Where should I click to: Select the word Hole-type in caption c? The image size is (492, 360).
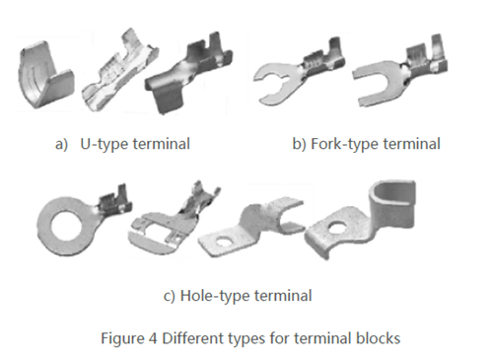tap(221, 294)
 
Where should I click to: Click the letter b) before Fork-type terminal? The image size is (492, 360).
tap(299, 145)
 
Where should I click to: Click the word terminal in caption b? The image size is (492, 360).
tap(411, 145)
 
